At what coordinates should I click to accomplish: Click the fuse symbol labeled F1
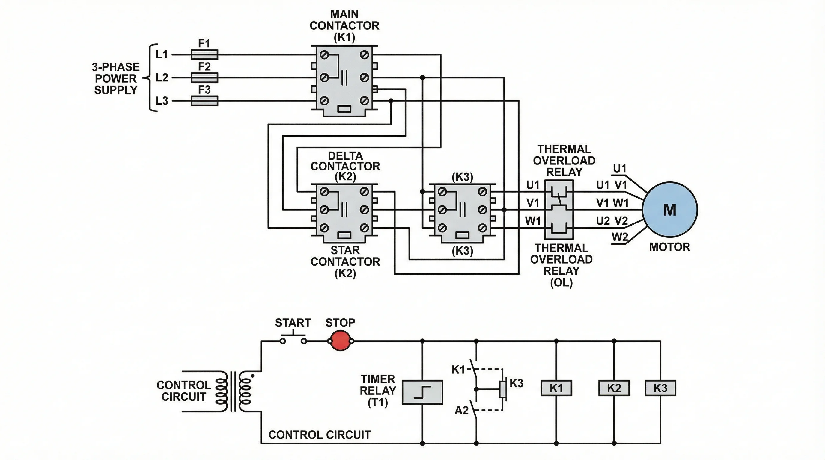coord(204,55)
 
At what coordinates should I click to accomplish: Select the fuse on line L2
coord(204,78)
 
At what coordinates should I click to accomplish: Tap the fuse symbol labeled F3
coord(204,101)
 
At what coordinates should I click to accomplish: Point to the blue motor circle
coord(670,210)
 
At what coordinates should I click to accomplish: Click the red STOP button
coord(340,341)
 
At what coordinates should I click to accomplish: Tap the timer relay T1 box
coord(422,392)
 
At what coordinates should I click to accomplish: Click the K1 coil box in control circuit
coord(556,388)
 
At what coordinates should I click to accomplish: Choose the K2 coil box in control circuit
coord(614,388)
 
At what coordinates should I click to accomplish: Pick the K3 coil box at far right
coord(660,388)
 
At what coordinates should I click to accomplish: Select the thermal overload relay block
coord(559,210)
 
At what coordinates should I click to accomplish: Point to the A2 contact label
coord(461,410)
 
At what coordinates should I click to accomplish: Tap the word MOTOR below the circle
coord(669,247)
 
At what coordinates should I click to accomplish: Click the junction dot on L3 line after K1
coord(391,101)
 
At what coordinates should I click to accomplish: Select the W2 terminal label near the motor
coord(620,237)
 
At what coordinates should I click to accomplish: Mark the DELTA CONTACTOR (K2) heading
coord(345,166)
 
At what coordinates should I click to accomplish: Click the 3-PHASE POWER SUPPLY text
coord(116,78)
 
